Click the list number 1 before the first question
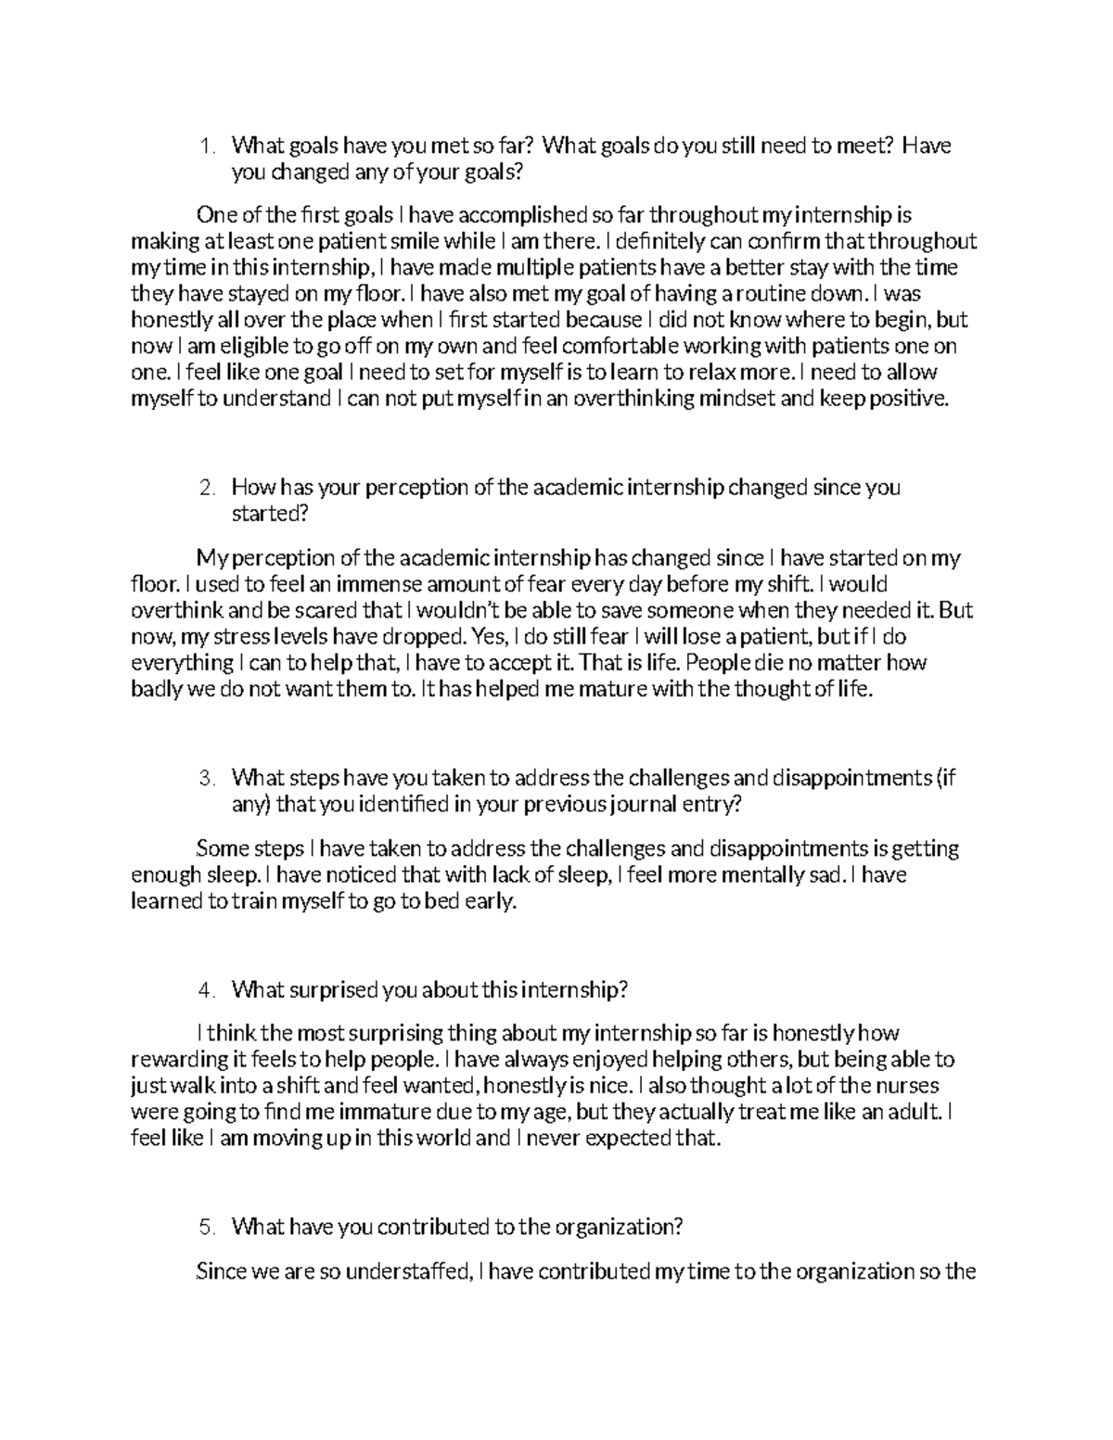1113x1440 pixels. pos(206,146)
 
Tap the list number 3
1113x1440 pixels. pos(206,778)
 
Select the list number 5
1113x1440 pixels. pos(206,1227)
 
